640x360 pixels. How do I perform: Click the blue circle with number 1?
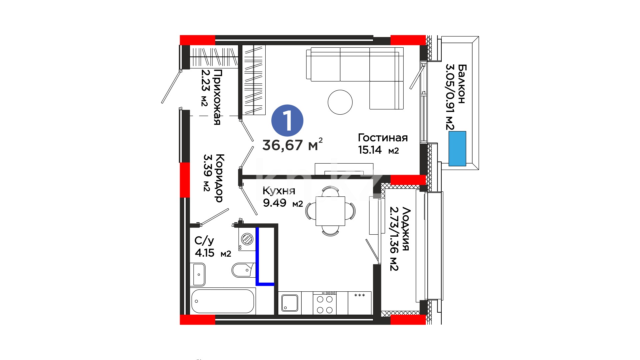coord(287,120)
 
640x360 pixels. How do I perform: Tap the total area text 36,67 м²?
coord(292,145)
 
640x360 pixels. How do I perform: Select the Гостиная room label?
coord(383,138)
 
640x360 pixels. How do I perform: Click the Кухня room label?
coord(279,191)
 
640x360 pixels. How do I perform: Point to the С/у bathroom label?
coord(204,241)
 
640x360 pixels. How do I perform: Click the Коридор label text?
coord(219,178)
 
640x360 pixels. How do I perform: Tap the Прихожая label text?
coord(217,97)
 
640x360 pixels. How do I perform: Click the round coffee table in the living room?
coord(340,102)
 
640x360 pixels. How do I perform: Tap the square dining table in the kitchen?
coord(330,211)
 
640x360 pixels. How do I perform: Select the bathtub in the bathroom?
coord(223,301)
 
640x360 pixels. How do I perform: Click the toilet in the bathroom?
coord(243,270)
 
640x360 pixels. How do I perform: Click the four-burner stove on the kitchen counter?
coord(325,303)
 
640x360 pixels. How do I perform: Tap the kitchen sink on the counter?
coord(290,303)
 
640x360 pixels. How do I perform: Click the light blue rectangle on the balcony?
coord(457,149)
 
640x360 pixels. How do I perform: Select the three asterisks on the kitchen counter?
coord(359,295)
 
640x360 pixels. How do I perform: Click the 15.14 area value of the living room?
coord(370,150)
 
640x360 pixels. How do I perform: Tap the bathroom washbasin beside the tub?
coord(199,274)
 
